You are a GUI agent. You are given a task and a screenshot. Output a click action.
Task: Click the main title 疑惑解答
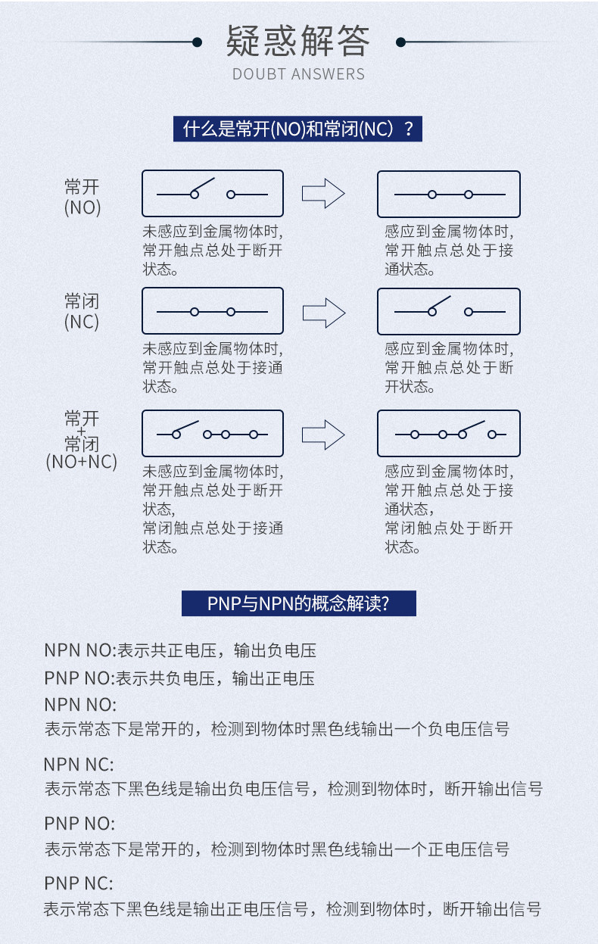click(298, 41)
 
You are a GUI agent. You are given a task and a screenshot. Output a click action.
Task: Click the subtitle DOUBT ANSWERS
click(298, 74)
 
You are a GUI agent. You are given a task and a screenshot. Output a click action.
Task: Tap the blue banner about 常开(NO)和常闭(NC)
click(297, 129)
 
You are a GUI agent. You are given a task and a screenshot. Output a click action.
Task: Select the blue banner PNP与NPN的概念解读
click(299, 603)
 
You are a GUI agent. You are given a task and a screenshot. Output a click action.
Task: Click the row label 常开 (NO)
click(83, 198)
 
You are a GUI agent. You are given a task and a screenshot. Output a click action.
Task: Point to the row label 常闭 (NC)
click(82, 312)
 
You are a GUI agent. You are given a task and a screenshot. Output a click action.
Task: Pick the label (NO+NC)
click(81, 462)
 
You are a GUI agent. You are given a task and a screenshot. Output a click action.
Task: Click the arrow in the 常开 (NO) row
click(323, 194)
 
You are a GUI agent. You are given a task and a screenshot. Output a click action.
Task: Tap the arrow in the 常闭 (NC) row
click(324, 313)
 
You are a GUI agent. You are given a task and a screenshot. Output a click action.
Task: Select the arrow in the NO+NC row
click(323, 435)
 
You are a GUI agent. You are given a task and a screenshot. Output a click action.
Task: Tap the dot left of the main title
click(197, 42)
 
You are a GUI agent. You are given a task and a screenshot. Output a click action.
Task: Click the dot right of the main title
click(400, 42)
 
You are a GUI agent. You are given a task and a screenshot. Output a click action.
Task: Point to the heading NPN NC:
click(79, 765)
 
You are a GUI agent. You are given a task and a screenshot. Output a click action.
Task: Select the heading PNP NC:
click(79, 883)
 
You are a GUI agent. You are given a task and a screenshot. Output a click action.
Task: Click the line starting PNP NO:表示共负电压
click(179, 678)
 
